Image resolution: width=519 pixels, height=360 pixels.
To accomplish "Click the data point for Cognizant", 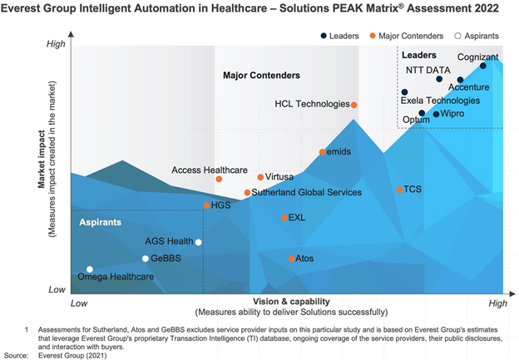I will (483, 66).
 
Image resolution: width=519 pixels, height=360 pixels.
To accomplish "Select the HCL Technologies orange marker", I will (354, 105).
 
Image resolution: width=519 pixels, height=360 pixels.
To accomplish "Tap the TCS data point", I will (398, 190).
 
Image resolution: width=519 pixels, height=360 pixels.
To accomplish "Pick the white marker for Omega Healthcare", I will (90, 269).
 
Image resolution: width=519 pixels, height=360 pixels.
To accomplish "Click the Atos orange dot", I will (291, 259).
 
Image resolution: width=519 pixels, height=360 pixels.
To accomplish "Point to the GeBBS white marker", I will (146, 259).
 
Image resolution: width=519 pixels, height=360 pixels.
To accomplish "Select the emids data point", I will (323, 152).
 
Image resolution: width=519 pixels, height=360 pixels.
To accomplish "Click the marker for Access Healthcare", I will (219, 179).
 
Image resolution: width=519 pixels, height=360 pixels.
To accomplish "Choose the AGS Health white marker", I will (198, 242).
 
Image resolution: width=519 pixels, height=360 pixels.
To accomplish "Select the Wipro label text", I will (452, 113).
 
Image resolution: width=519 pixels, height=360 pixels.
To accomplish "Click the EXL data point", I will (284, 218).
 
